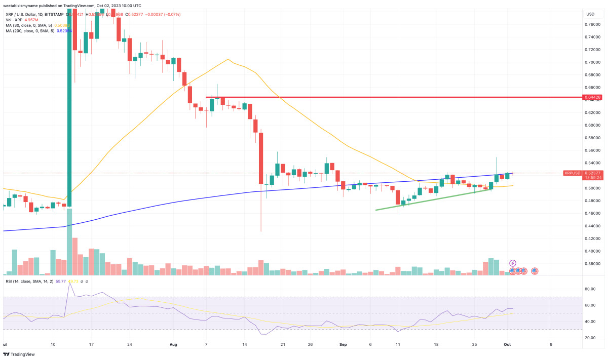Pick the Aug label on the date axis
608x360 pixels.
tap(174, 344)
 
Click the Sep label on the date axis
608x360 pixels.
tap(343, 344)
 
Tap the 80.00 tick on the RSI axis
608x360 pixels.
tap(589, 289)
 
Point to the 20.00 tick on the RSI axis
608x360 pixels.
tap(589, 338)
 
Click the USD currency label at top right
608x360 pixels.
tap(590, 14)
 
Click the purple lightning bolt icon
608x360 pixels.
tap(512, 263)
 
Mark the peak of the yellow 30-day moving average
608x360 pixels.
tap(228, 59)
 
